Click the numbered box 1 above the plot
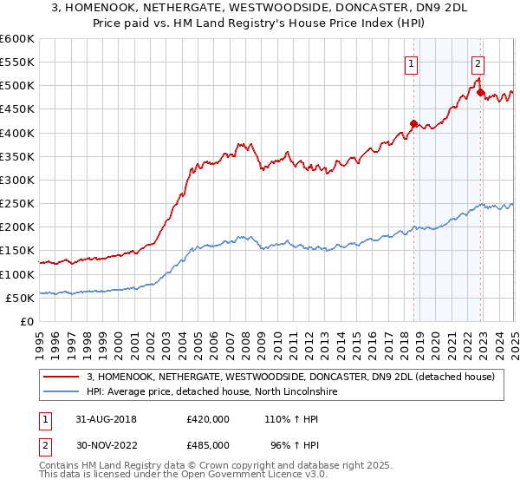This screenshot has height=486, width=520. pos(411,62)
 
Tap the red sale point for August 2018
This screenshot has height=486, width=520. pos(413,123)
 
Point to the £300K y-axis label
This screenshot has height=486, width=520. pos(17,180)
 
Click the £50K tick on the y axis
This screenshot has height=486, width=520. pos(21,298)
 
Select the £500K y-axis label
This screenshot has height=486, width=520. pos(17,86)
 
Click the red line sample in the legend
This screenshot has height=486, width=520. pos(63,377)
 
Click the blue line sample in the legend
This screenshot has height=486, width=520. pos(63,393)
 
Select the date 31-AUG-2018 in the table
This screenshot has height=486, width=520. pos(103,419)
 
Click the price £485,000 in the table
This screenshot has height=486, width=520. pos(208,445)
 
